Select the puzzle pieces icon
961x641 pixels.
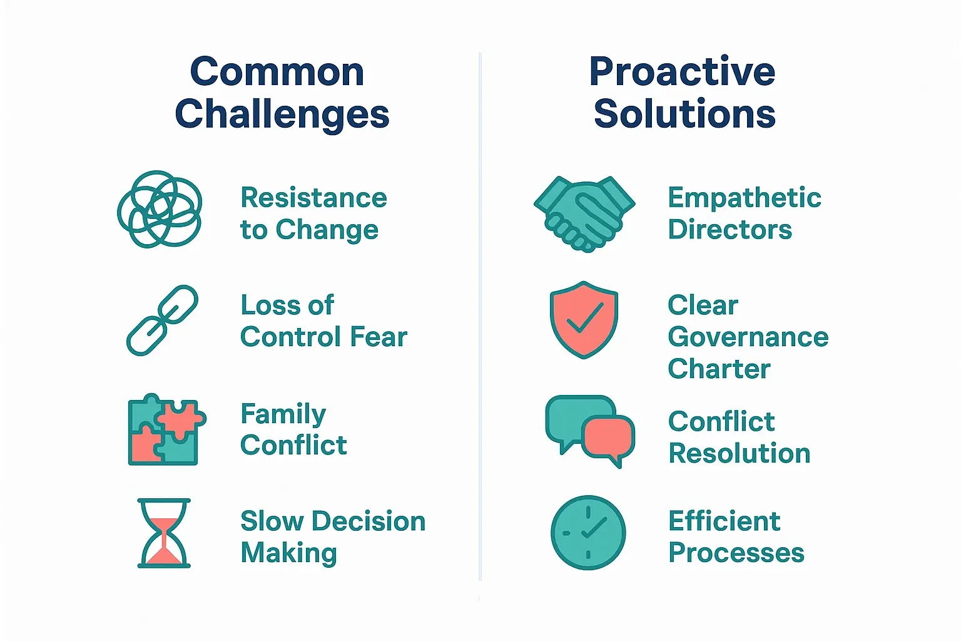point(167,429)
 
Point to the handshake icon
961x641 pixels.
point(584,214)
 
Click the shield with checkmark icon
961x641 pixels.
point(584,320)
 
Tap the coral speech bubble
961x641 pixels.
point(608,440)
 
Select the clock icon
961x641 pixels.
point(588,533)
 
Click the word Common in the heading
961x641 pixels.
point(277,72)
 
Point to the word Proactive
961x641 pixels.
point(683,72)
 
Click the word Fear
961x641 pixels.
point(379,337)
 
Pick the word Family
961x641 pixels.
point(283,414)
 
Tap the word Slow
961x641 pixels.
point(272,521)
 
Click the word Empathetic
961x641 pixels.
point(745,198)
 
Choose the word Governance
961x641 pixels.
point(748,337)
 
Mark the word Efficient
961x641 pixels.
point(724,521)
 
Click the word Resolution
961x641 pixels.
point(739,453)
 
